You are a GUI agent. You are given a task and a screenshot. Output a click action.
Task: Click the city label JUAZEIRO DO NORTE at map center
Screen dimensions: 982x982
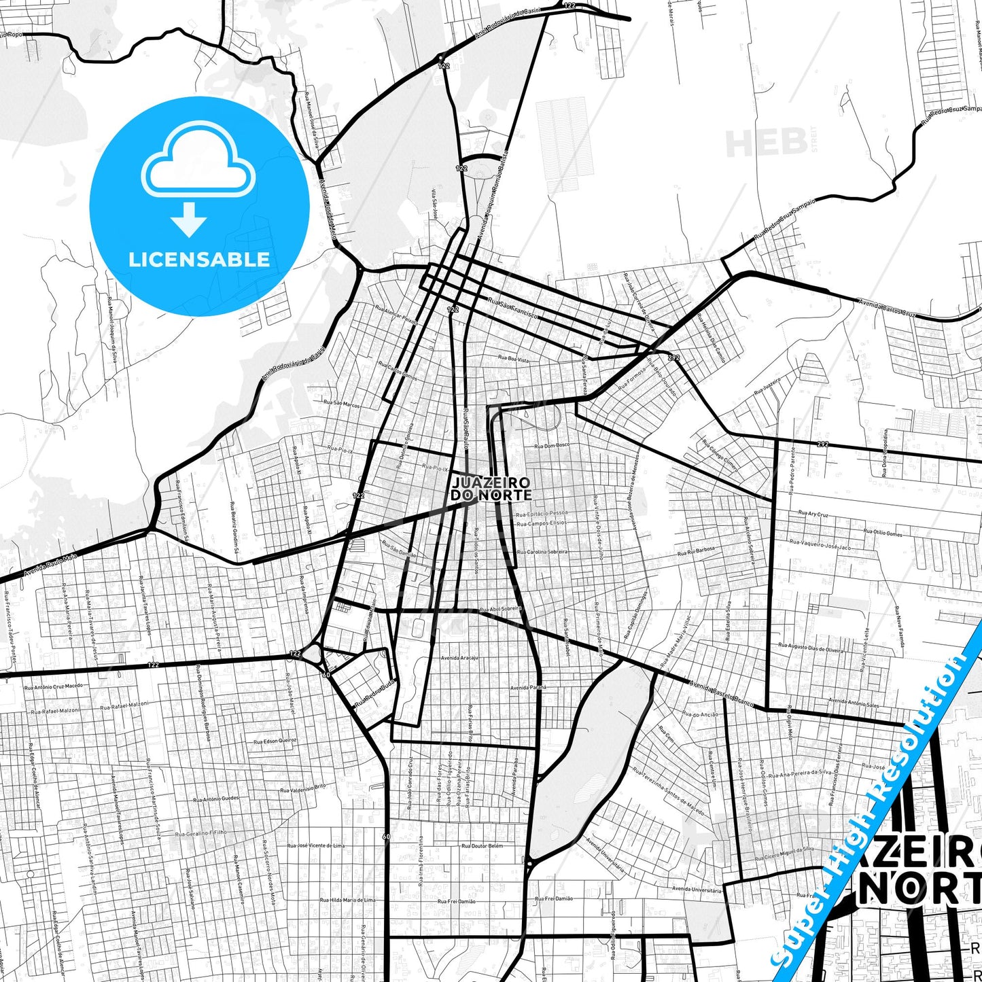[491, 489]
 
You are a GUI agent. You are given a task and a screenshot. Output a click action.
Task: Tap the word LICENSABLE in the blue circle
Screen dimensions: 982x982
[199, 259]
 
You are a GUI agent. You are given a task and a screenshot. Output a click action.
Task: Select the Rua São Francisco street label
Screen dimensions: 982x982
[512, 307]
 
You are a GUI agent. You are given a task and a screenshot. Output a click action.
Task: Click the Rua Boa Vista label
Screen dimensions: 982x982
[513, 358]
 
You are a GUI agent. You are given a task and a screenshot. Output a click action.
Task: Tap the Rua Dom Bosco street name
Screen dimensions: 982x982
[552, 446]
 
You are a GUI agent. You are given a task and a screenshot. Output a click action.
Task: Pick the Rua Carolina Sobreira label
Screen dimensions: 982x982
[542, 552]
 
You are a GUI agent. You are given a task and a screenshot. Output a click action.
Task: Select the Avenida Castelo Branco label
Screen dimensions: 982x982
[722, 694]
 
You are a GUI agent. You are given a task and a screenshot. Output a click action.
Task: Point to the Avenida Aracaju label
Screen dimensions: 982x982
[459, 658]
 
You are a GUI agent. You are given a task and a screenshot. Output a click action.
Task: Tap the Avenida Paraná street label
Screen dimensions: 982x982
[528, 688]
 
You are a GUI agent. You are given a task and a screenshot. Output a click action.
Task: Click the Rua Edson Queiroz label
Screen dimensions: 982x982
[275, 741]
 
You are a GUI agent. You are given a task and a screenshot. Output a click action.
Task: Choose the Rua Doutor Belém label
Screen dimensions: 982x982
[482, 846]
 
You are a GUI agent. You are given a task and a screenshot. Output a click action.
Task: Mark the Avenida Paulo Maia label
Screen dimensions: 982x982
[50, 565]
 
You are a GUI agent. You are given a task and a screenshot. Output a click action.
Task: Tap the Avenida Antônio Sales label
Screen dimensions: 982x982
[853, 703]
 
